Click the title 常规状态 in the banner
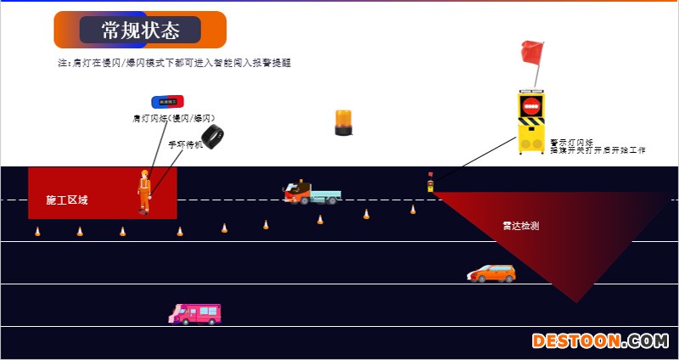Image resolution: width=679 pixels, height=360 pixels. tap(140, 31)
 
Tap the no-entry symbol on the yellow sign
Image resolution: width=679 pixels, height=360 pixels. tap(531, 107)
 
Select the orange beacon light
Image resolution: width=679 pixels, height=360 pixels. tap(343, 122)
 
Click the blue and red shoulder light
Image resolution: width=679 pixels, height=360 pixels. tap(167, 102)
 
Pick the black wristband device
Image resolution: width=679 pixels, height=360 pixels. tap(211, 136)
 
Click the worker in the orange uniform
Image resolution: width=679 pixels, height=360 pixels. tap(144, 192)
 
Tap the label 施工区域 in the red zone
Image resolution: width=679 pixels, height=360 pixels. tap(67, 200)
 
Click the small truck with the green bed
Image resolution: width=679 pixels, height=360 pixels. tap(311, 193)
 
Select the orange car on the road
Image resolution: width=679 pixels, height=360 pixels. tap(492, 273)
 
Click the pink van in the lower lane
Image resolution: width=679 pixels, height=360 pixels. tap(195, 313)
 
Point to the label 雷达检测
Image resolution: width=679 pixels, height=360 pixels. tap(520, 227)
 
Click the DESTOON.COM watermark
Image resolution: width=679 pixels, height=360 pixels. tap(600, 341)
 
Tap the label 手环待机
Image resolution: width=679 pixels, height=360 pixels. tap(185, 144)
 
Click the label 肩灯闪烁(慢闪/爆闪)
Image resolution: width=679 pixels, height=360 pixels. tap(172, 118)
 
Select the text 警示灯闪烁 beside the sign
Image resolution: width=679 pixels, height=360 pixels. tap(571, 143)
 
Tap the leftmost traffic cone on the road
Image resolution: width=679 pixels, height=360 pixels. tap(37, 231)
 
